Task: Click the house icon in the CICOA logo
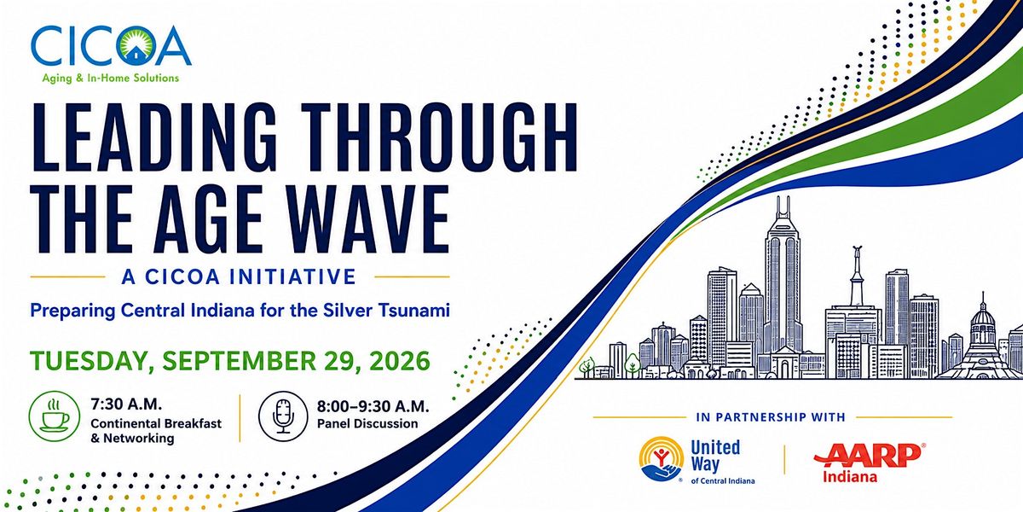[x=135, y=55]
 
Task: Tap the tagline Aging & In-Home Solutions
[x=111, y=79]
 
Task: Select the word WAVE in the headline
[x=367, y=218]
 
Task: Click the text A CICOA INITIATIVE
[x=239, y=277]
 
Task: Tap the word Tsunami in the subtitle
[x=413, y=311]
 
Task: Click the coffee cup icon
[x=55, y=416]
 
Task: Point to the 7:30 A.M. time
[x=126, y=404]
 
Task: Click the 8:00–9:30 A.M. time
[x=373, y=406]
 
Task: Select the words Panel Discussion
[x=367, y=424]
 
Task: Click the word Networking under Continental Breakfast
[x=139, y=439]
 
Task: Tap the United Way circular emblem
[x=662, y=459]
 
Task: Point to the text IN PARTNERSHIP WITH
[x=771, y=417]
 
